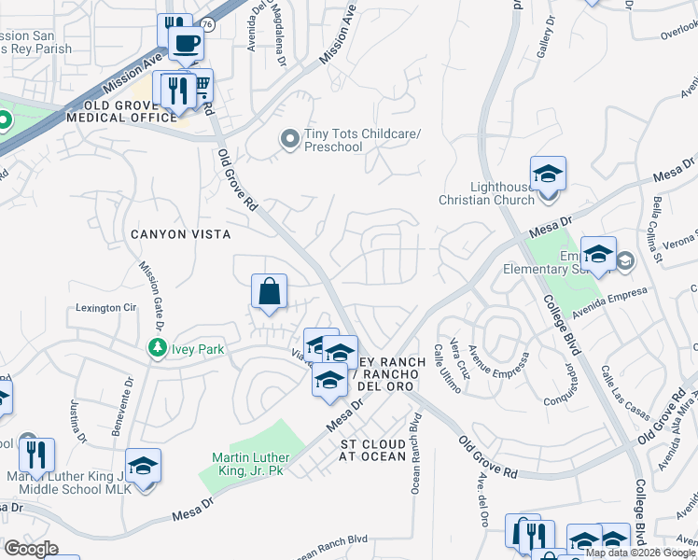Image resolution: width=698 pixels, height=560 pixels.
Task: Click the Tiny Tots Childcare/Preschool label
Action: tap(362, 140)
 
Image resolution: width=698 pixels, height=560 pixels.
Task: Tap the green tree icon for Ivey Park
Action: tap(158, 348)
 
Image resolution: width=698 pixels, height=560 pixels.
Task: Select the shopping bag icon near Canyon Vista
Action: tap(269, 291)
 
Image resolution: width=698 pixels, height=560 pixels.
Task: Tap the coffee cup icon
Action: tap(186, 42)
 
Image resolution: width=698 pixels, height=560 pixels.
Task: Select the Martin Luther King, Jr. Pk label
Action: tap(251, 464)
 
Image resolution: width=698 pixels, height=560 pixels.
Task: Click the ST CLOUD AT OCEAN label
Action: tap(373, 450)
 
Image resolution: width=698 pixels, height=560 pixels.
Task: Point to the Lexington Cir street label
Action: tap(105, 308)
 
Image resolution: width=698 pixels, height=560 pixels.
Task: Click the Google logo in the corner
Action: tap(31, 549)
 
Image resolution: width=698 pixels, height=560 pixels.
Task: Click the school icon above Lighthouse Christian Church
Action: tap(548, 174)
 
